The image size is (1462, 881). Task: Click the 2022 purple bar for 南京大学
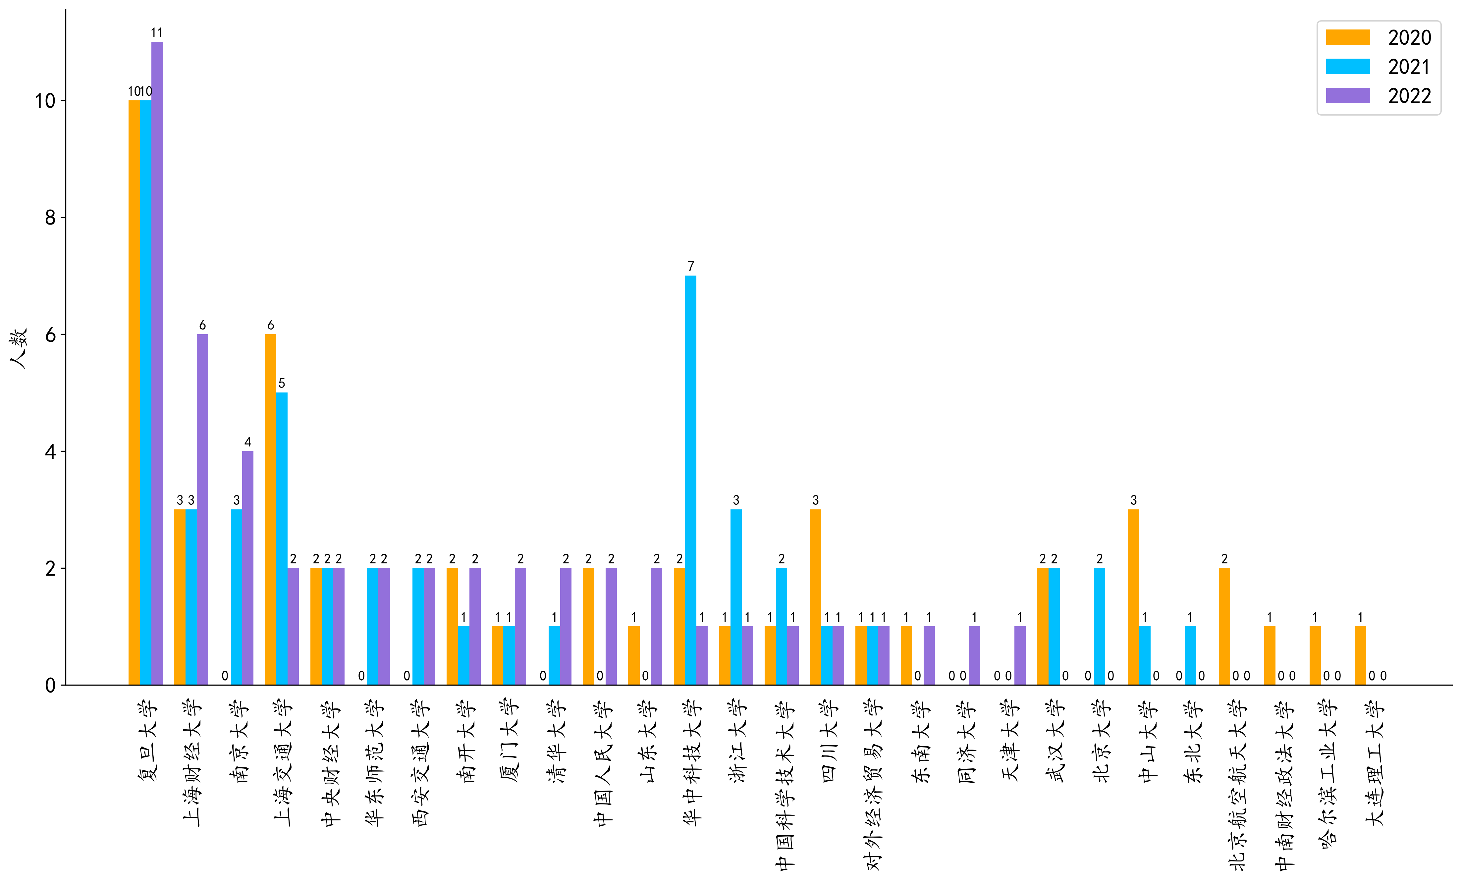click(x=247, y=568)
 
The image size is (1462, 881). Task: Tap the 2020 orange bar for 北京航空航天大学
click(x=1224, y=626)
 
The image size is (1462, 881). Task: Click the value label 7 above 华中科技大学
click(x=691, y=266)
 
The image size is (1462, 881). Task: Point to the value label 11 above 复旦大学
click(x=157, y=33)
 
